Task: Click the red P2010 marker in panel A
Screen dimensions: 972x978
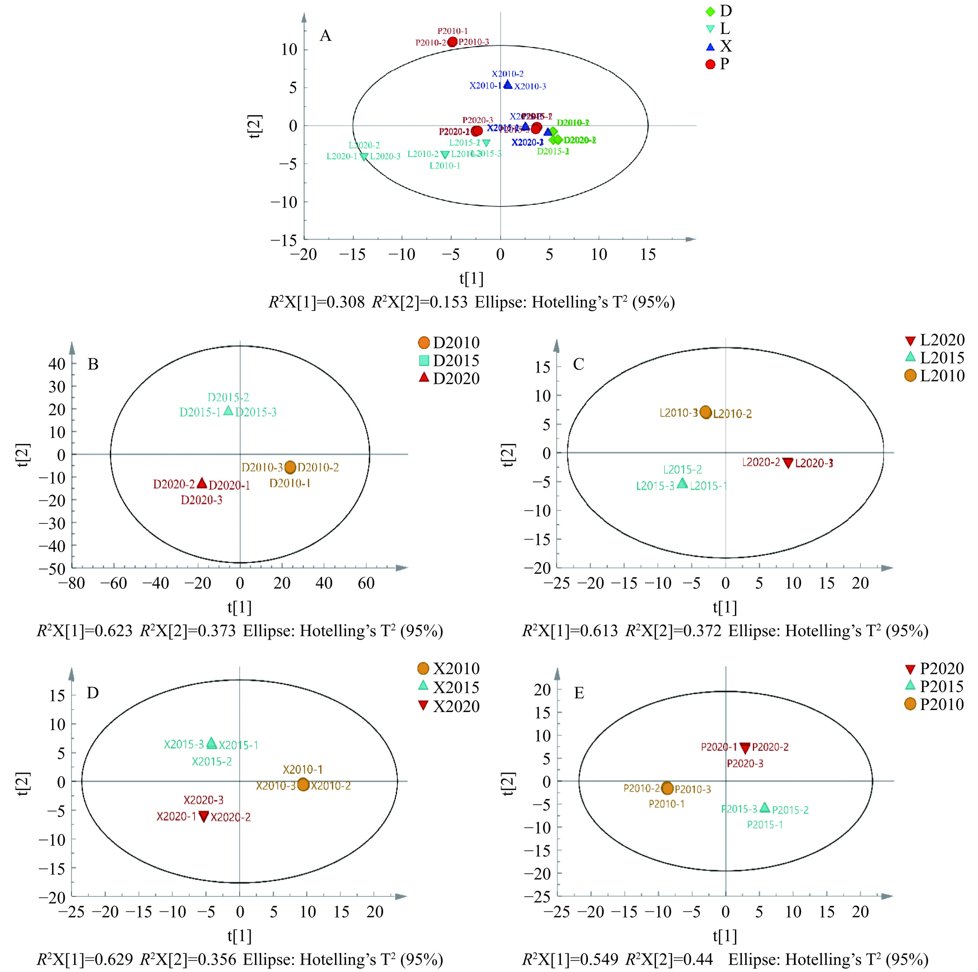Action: click(453, 42)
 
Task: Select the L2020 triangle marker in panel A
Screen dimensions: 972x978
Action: click(364, 156)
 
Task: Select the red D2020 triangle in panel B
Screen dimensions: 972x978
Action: click(202, 483)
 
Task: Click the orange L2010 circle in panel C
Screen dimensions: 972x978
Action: click(706, 412)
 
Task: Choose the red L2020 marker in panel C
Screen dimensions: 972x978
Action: click(788, 463)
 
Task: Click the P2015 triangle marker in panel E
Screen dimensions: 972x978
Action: click(765, 807)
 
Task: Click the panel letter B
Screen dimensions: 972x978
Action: click(93, 364)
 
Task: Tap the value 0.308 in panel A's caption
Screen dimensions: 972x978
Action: click(345, 302)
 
